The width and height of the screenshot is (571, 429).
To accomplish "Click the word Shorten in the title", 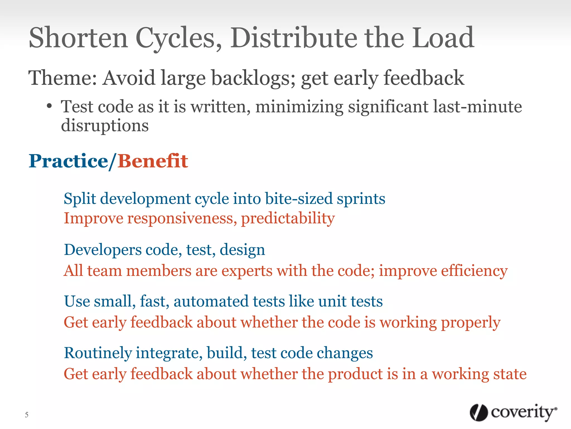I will tap(78, 38).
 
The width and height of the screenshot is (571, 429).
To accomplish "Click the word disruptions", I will tap(105, 126).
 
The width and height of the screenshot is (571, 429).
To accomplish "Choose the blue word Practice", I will tap(69, 161).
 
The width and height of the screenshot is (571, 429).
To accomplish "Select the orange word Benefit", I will tap(153, 161).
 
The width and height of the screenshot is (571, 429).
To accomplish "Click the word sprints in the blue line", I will tap(361, 199).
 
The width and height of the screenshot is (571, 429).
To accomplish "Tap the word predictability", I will tap(288, 219).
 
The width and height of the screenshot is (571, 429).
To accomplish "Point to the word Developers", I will tap(103, 250).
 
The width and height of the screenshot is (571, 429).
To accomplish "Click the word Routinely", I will tap(98, 353).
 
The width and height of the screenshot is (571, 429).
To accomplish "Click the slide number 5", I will tap(27, 415).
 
